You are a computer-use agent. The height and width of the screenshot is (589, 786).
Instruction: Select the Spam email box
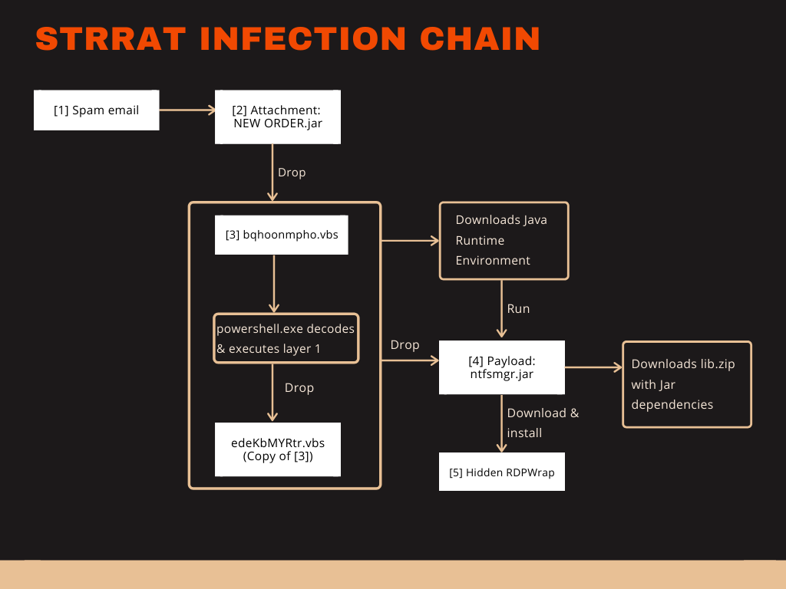96,110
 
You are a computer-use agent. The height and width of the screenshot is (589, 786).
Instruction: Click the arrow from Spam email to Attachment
187,110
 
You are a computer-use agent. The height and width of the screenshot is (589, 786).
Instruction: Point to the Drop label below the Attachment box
292,173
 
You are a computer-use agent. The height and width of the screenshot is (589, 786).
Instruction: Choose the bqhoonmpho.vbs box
282,235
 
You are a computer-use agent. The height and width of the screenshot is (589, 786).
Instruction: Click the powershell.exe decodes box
286,338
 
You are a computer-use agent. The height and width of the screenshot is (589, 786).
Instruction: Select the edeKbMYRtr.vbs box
277,449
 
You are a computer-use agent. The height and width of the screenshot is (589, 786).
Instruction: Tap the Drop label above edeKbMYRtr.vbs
299,388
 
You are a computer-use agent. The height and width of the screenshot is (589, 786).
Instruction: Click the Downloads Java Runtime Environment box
504,240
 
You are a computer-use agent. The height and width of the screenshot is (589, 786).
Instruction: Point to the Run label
518,308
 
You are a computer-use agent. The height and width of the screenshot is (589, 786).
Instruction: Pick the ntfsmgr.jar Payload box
501,367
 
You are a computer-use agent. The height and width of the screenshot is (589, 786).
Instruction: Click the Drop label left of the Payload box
405,345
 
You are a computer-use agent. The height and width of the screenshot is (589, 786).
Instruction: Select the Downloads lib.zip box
687,384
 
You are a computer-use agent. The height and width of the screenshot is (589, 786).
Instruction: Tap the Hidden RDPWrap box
501,472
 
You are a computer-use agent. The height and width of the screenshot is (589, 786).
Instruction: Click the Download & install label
543,423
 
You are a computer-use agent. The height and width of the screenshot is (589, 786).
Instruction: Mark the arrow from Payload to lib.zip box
593,367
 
